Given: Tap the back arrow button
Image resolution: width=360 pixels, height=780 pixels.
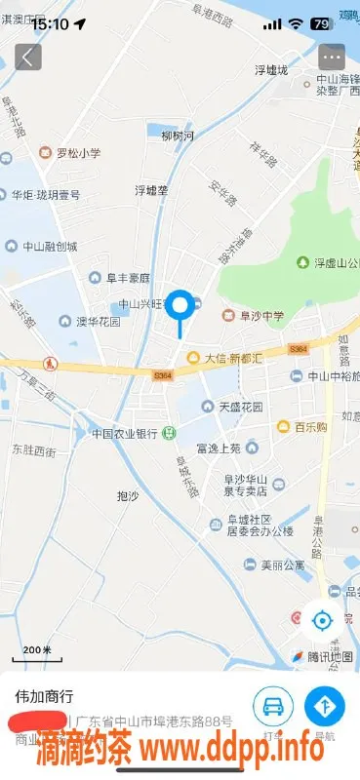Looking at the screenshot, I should pos(27,57).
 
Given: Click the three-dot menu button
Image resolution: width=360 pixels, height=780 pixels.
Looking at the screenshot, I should pos(332,57).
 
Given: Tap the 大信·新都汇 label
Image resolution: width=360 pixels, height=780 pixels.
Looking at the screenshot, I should pos(231,358).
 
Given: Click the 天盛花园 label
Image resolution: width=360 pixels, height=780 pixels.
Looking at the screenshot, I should pos(240,407).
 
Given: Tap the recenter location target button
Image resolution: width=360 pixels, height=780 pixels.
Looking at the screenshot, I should pos(322,618).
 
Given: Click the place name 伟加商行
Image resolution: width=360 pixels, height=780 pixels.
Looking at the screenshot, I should pos(43,697).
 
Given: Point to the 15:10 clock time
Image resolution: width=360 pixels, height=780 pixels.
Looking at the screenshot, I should pos(49,23).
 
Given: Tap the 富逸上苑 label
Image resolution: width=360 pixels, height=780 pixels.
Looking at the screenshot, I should pos(218,448).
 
